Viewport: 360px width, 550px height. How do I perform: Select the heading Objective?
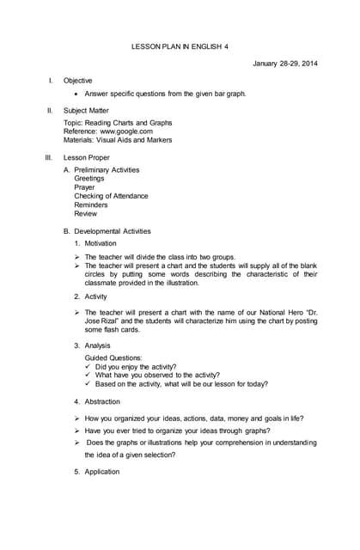click(x=78, y=80)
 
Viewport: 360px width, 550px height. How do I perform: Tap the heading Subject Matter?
click(x=88, y=110)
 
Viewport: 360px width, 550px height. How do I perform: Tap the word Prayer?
click(x=84, y=187)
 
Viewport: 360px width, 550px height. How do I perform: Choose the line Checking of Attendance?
click(x=111, y=196)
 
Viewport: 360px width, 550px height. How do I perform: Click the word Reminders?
click(x=91, y=205)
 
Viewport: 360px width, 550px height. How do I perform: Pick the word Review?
click(x=86, y=213)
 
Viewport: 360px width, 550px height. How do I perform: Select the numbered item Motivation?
click(x=106, y=244)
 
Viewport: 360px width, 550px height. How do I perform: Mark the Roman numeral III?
click(x=49, y=158)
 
